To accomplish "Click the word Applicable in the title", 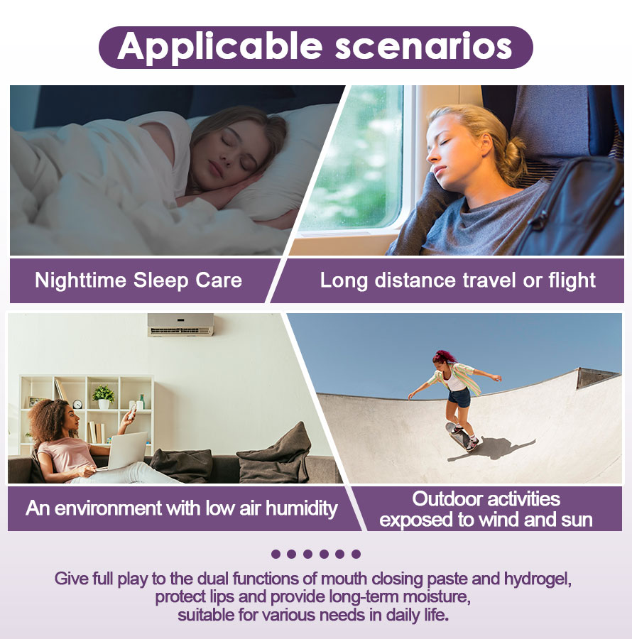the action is pos(220,48).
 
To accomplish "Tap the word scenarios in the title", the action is pos(424,48).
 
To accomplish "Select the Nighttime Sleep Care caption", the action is pos(138,280).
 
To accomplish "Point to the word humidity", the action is pos(302,508).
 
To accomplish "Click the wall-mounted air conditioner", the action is pos(180,324).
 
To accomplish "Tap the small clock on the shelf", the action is pos(77,404).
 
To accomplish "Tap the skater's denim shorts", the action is pos(459,398).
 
